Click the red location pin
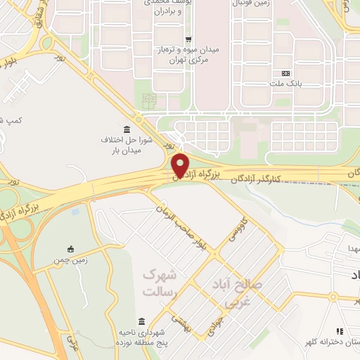(x=181, y=166)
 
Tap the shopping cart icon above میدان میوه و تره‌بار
(x=187, y=39)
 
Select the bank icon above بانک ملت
(x=285, y=74)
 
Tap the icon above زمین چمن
(x=70, y=248)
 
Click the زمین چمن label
(x=70, y=259)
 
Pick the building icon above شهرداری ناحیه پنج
(x=142, y=319)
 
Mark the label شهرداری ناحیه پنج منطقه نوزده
(x=142, y=335)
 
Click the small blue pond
(x=75, y=210)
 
